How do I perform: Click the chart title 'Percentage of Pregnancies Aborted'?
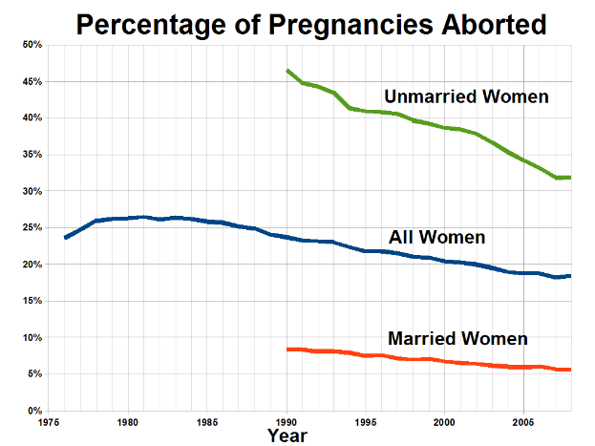[311, 24]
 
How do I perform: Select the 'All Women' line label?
[436, 237]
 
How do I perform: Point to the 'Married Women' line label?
[457, 338]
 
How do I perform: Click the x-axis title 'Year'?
[287, 435]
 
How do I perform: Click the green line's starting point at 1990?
[287, 71]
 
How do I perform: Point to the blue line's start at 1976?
[65, 238]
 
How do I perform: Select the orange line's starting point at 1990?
[287, 350]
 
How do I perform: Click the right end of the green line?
[570, 178]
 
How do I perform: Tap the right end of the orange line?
[570, 370]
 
